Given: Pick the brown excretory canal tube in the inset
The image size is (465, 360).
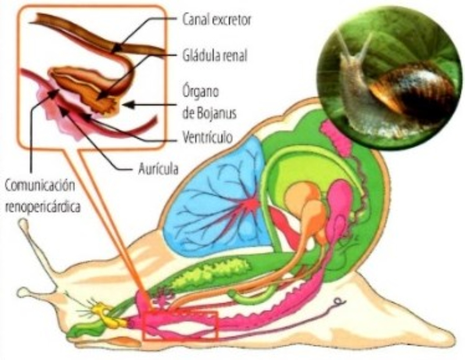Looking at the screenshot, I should pyautogui.click(x=87, y=35).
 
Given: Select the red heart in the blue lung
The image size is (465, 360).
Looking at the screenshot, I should pyautogui.click(x=251, y=204).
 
